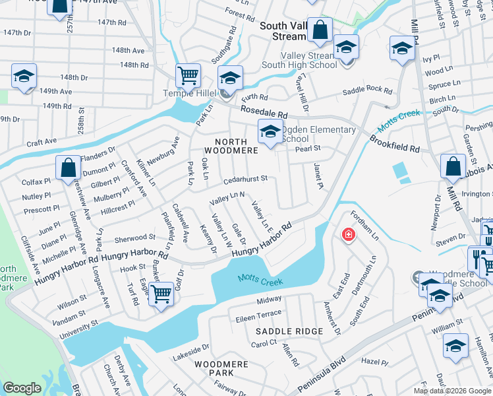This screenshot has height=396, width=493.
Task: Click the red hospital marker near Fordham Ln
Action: click(347, 234)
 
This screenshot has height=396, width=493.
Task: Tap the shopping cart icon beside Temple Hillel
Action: click(188, 75)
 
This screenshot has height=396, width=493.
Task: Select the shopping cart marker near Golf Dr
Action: click(160, 294)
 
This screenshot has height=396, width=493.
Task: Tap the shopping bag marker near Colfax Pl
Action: click(69, 168)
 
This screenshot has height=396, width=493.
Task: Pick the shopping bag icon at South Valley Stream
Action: click(320, 30)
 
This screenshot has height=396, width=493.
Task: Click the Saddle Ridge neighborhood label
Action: click(289, 331)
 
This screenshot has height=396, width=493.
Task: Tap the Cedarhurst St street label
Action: click(245, 178)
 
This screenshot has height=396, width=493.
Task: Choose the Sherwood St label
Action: click(134, 236)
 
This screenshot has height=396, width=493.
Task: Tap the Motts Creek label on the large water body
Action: click(260, 282)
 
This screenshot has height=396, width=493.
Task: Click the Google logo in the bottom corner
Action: click(22, 388)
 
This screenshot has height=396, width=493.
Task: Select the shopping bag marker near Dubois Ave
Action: click(453, 168)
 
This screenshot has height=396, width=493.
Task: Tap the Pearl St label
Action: click(307, 148)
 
